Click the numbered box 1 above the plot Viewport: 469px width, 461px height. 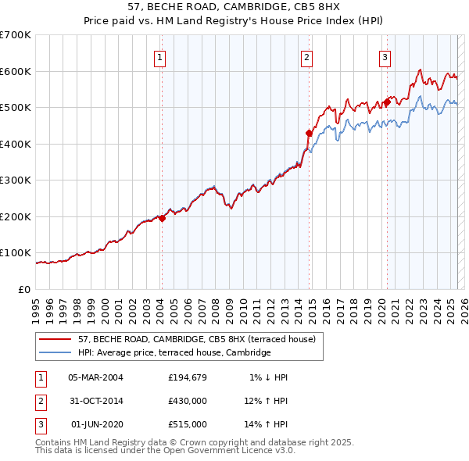point(159,57)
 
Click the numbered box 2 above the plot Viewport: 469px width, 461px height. point(306,57)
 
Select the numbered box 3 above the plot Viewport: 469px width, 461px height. point(385,57)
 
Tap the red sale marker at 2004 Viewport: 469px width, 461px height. point(162,219)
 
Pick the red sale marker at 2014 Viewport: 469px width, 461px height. point(309,134)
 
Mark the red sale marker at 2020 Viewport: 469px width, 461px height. point(386,102)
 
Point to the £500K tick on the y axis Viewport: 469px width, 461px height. point(16,108)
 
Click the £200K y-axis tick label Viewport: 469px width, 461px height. point(16,216)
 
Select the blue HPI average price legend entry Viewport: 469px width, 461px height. point(174,353)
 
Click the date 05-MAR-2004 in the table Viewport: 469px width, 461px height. point(95,377)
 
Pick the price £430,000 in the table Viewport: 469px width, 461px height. point(188,401)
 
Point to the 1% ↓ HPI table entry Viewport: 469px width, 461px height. point(269,377)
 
